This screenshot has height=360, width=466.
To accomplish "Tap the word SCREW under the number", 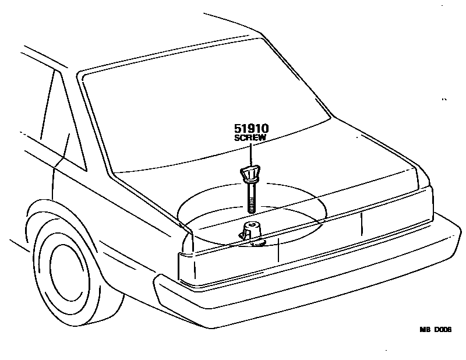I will point(250,139).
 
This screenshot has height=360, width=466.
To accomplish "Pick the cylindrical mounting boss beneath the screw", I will point(252,230).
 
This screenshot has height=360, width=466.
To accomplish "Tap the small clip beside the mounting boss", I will point(240,235).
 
